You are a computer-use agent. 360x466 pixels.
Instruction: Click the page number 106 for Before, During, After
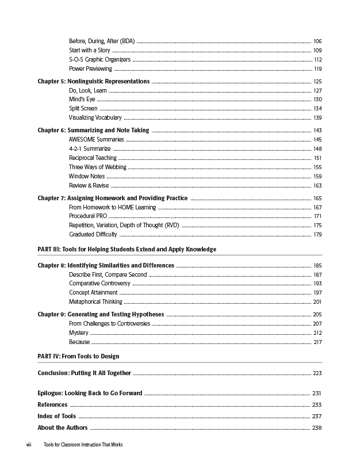pos(317,41)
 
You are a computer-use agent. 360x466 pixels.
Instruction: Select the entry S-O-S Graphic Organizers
pos(99,60)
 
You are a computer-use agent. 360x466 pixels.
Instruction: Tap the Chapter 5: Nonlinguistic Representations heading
pos(94,82)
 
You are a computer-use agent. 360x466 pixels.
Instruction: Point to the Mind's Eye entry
pos(82,100)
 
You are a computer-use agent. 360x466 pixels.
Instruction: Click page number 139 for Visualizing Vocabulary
pos(317,118)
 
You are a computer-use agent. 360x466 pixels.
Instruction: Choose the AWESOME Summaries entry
pos(96,140)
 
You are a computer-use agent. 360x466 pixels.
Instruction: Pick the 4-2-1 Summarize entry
pos(90,149)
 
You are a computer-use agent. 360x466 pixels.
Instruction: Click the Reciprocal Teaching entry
pos(93,158)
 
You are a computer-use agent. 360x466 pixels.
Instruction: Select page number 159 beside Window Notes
pos(317,177)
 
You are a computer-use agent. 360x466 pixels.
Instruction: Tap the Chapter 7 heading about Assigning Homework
pos(113,198)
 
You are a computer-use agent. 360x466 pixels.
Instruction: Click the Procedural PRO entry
pos(88,216)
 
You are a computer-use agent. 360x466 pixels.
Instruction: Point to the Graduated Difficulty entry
pos(93,235)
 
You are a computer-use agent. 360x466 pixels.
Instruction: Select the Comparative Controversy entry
pos(99,284)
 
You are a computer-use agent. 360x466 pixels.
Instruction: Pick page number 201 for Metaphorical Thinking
pos(317,302)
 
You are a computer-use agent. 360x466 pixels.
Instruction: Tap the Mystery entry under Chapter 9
pos(79,333)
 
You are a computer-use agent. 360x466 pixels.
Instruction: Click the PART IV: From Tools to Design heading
pos(78,357)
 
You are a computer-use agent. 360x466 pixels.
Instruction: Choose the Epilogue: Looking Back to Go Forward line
pos(90,394)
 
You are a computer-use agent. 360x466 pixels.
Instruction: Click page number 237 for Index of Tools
pos(317,417)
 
